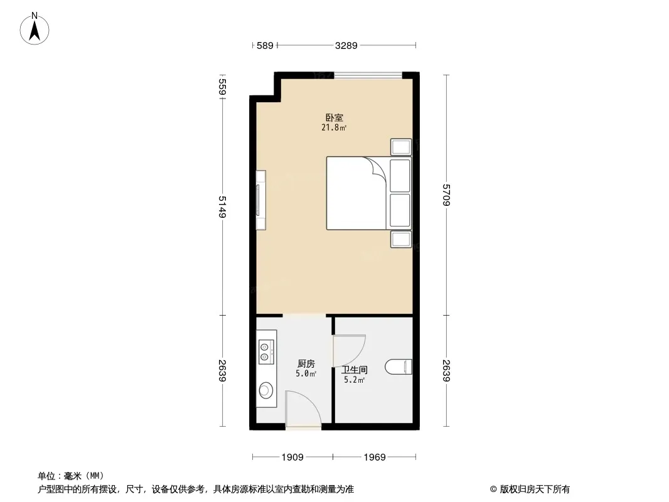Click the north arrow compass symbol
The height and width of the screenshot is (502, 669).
click(x=35, y=29)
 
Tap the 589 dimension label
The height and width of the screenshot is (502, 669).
click(x=265, y=45)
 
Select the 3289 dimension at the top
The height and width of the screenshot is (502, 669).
click(x=346, y=45)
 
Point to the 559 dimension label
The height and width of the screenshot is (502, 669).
click(x=222, y=87)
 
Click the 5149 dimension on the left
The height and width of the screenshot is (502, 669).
click(x=222, y=207)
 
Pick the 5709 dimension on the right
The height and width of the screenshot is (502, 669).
click(x=446, y=195)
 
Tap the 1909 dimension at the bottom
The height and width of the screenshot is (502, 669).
click(x=292, y=457)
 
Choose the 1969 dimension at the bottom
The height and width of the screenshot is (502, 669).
click(x=375, y=457)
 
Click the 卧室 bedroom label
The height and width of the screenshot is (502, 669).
click(x=334, y=117)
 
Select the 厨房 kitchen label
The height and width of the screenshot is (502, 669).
click(x=306, y=363)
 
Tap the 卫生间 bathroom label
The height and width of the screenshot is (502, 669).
click(x=355, y=370)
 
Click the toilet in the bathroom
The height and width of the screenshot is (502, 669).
click(x=399, y=367)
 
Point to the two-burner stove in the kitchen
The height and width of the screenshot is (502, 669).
click(x=265, y=351)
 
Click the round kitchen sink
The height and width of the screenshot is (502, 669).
click(x=266, y=390)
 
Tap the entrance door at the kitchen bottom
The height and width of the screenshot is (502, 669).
click(x=303, y=408)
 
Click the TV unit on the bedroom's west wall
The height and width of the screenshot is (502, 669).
click(x=260, y=200)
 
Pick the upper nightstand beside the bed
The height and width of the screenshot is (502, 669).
click(x=401, y=147)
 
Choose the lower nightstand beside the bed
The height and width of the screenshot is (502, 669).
click(x=401, y=239)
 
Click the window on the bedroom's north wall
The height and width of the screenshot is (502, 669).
click(x=368, y=75)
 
